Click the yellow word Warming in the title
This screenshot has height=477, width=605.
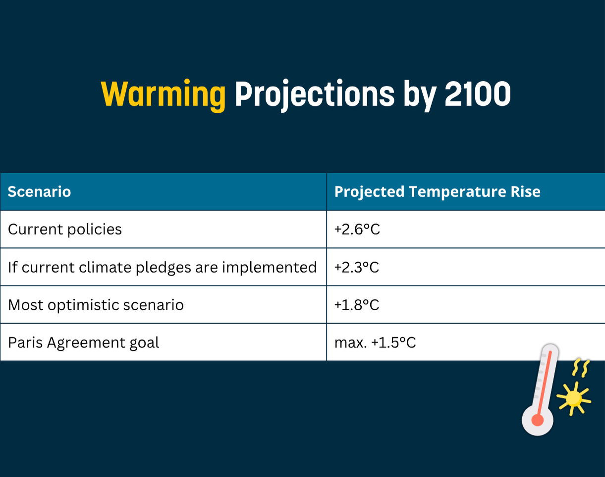click(x=163, y=95)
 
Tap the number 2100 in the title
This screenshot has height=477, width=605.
click(x=478, y=94)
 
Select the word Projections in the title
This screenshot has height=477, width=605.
click(x=315, y=95)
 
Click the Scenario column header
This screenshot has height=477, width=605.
click(x=39, y=192)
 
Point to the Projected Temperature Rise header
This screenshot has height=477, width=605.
click(x=437, y=192)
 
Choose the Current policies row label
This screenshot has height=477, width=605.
click(x=64, y=230)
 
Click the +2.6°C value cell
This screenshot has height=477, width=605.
click(x=357, y=230)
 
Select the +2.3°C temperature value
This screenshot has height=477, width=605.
click(x=356, y=267)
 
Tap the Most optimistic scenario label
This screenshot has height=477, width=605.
click(x=96, y=305)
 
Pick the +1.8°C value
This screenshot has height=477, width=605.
click(x=356, y=305)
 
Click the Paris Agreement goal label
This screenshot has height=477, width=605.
click(x=83, y=343)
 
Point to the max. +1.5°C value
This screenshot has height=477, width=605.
click(x=375, y=343)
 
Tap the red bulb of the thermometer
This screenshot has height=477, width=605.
click(x=537, y=420)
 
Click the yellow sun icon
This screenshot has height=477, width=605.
click(x=573, y=399)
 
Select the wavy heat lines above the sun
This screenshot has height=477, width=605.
click(x=581, y=368)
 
